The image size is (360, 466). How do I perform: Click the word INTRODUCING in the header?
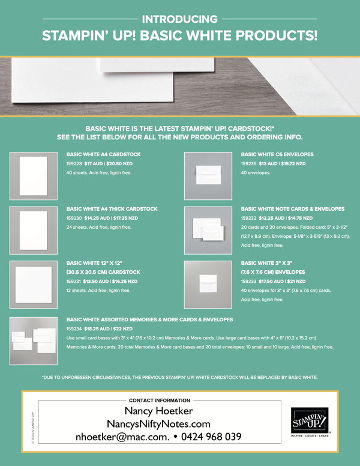click(x=180, y=19)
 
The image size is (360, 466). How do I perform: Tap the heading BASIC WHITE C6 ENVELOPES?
click(x=277, y=154)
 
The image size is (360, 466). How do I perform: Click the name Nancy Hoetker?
click(x=159, y=411)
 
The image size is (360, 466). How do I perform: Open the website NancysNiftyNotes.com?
click(x=159, y=424)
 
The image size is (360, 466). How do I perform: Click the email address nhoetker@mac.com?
click(x=122, y=437)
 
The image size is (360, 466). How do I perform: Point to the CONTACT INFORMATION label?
click(x=159, y=400)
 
